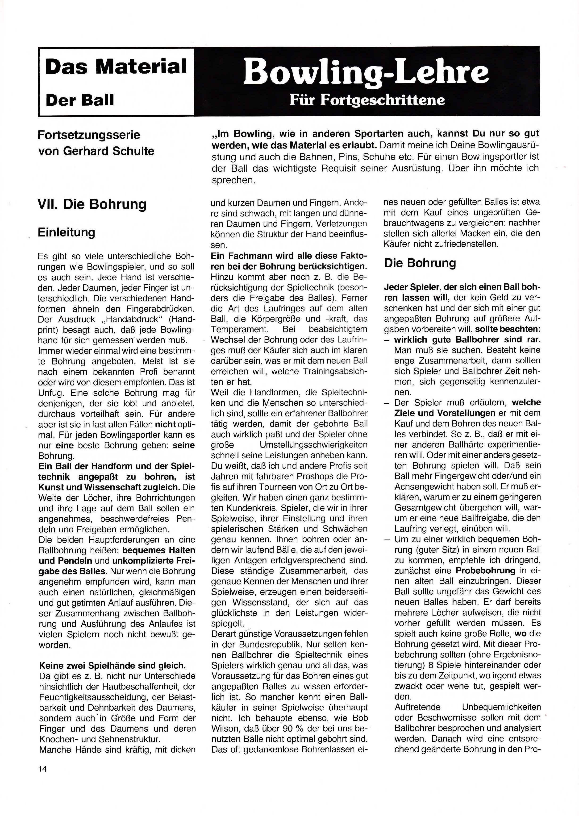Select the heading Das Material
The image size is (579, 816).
click(x=116, y=67)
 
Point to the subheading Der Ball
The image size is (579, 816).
click(x=80, y=100)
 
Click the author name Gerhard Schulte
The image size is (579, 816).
click(x=109, y=151)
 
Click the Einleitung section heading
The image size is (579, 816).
click(x=67, y=232)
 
